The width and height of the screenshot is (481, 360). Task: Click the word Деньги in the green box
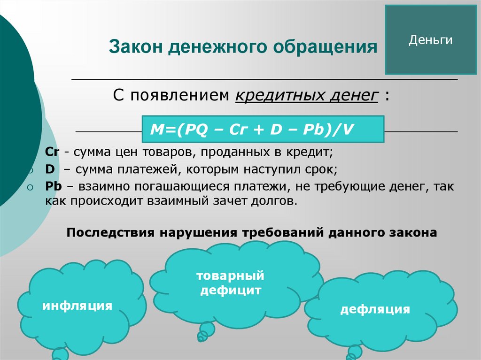(430, 40)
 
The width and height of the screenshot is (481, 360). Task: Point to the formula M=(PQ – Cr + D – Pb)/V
(252, 129)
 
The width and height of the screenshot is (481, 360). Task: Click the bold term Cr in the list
(51, 153)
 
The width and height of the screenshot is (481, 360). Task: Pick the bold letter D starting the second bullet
(49, 169)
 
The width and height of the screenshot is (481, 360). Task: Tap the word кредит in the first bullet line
(316, 153)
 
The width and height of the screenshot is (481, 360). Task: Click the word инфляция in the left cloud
(78, 306)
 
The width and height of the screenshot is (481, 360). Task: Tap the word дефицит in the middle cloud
(231, 290)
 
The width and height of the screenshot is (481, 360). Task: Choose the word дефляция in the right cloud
(375, 309)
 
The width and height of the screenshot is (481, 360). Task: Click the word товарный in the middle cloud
(231, 275)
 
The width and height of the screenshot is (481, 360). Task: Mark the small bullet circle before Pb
(30, 187)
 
